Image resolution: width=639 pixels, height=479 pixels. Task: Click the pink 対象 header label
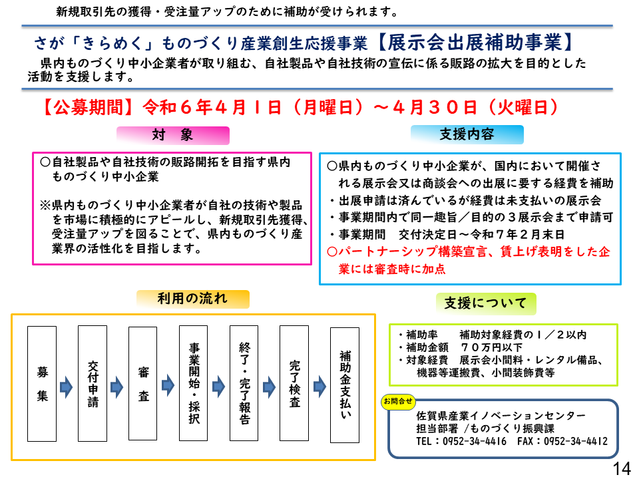tap(173, 135)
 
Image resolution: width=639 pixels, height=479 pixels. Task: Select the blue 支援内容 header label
tap(467, 134)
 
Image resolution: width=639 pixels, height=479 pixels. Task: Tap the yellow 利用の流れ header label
tap(192, 299)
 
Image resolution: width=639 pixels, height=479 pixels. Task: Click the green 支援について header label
tap(486, 303)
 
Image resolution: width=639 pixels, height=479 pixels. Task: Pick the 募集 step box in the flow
tap(42, 384)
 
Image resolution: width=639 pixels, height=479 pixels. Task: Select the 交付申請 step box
tap(93, 383)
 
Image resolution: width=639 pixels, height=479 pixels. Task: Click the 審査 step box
tap(142, 383)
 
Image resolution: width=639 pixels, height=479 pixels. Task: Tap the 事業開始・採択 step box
tap(193, 383)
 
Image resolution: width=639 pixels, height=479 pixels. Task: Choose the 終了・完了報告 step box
tap(244, 383)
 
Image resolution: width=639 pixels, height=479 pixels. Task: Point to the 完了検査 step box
tap(294, 383)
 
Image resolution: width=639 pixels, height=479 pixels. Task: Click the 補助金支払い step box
tap(345, 385)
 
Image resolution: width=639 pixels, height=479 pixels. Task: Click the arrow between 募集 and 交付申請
tap(67, 387)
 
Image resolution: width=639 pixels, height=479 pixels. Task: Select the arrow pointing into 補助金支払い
tap(320, 387)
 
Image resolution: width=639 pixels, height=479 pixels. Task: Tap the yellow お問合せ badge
tap(398, 402)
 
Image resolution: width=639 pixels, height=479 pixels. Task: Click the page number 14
tap(622, 468)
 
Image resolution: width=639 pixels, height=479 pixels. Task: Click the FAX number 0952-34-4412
tap(575, 442)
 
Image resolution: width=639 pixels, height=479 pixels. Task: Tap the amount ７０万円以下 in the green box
tap(491, 347)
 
